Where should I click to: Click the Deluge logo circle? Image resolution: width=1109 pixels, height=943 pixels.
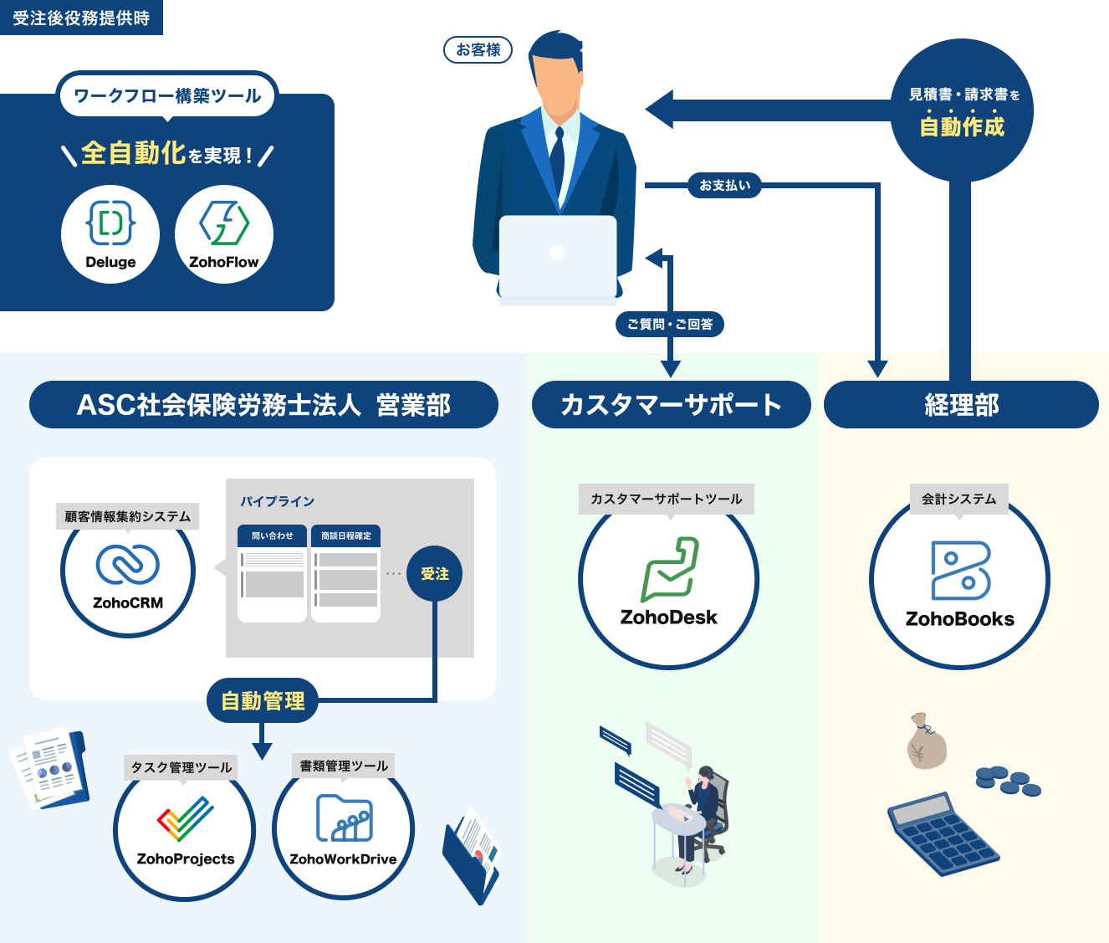click(x=110, y=233)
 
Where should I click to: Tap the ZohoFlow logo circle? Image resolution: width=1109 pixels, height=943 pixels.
click(x=224, y=233)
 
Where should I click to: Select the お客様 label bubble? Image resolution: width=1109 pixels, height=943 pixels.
click(x=478, y=50)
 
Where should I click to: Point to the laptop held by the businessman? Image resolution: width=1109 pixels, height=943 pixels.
click(x=558, y=255)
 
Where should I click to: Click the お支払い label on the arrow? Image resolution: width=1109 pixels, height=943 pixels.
click(x=725, y=185)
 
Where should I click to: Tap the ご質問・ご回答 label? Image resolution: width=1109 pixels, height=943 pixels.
click(x=670, y=324)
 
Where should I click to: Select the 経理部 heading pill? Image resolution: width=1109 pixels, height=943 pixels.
click(x=961, y=405)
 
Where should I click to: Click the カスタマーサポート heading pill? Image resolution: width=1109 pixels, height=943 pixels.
click(x=671, y=405)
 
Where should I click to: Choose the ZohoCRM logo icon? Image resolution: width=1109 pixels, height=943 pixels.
click(x=127, y=564)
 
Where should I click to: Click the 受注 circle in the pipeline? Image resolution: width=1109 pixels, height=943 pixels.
click(x=434, y=574)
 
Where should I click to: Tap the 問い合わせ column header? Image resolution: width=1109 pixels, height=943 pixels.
click(x=273, y=536)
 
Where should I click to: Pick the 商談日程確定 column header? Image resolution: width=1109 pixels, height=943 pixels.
click(x=346, y=536)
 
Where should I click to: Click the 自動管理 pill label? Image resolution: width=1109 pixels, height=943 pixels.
click(x=263, y=701)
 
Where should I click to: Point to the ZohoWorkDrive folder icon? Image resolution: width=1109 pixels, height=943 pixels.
click(x=344, y=817)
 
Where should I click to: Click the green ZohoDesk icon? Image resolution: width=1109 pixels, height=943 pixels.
click(x=670, y=570)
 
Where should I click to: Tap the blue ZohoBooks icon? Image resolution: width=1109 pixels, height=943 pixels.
click(x=961, y=570)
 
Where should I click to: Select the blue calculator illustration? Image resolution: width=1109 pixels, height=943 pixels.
click(x=942, y=833)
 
